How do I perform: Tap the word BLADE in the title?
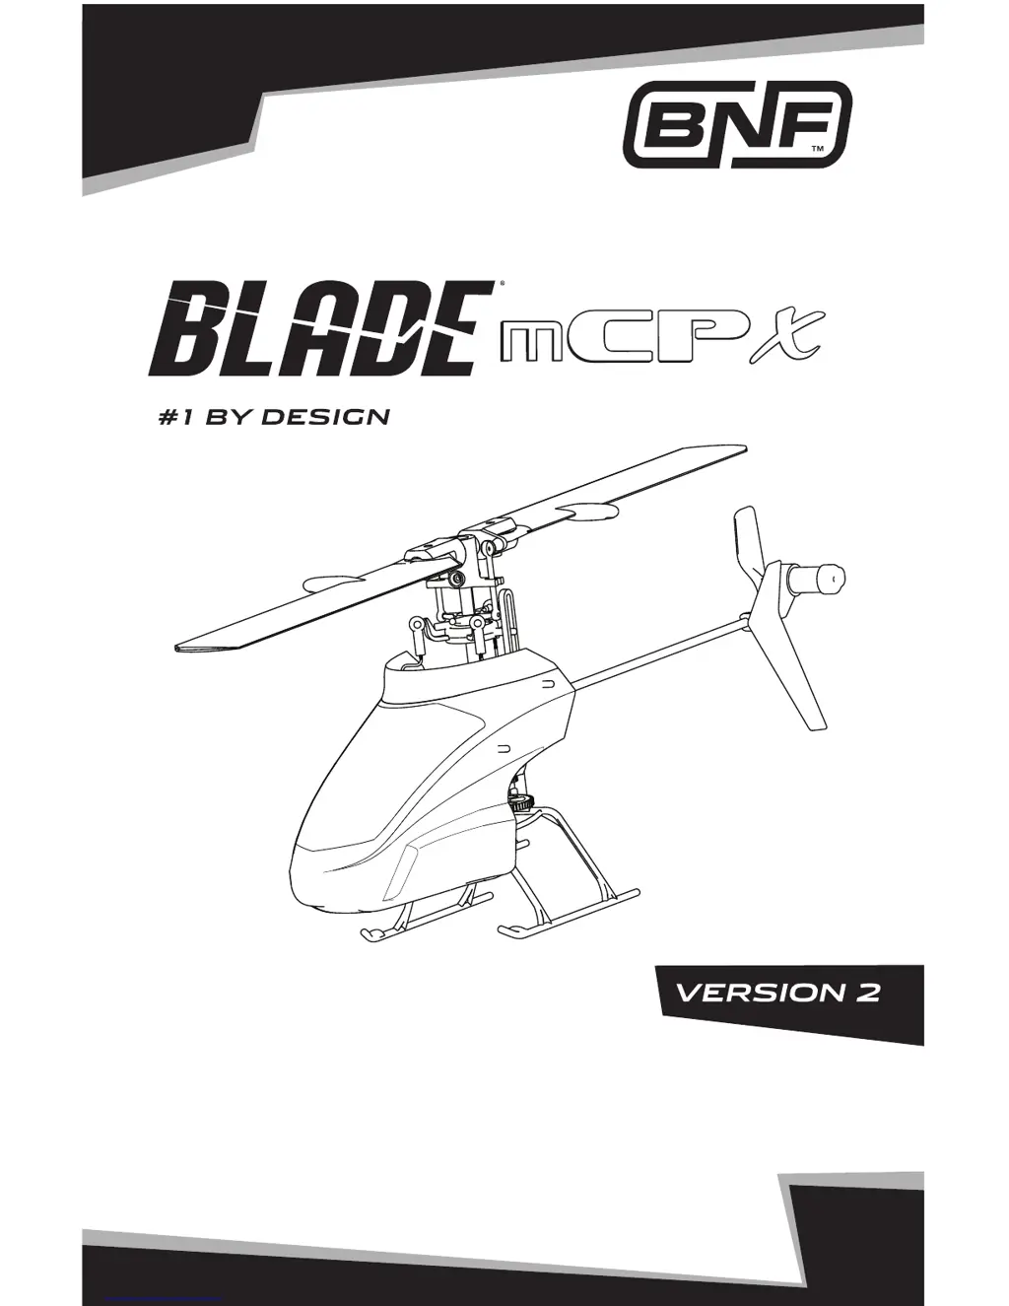pos(321,327)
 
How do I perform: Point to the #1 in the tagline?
pos(175,417)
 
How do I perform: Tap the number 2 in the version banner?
pos(866,992)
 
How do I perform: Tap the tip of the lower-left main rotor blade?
pos(187,648)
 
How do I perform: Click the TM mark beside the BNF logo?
pos(818,149)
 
